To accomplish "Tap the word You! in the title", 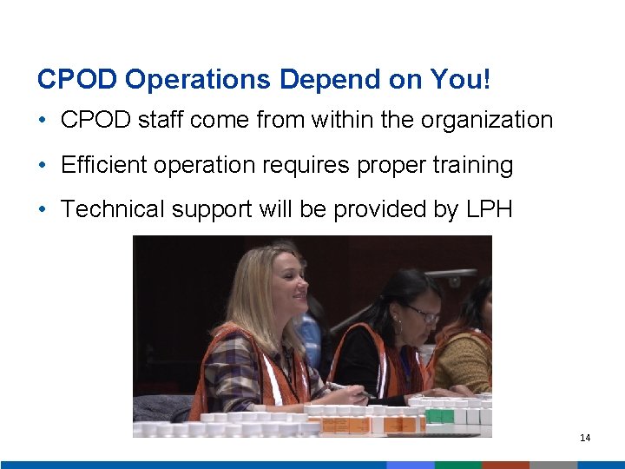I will point(460,80).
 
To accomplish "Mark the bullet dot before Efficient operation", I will point(43,165).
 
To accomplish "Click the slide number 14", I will point(585,438).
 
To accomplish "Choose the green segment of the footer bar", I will point(458,465).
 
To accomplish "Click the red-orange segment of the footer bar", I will point(505,465).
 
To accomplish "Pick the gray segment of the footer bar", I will point(553,465).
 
